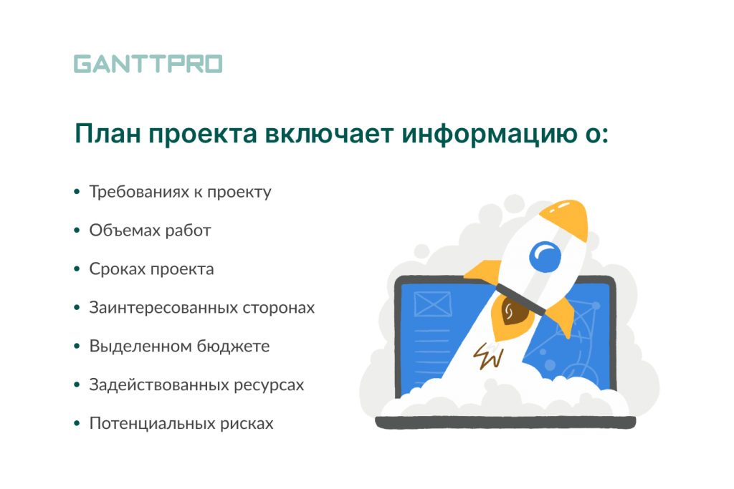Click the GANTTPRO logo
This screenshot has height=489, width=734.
pyautogui.click(x=148, y=64)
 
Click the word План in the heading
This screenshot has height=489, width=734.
pyautogui.click(x=108, y=134)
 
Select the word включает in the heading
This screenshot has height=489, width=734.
pyautogui.click(x=329, y=134)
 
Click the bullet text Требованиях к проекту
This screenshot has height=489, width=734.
pyautogui.click(x=180, y=192)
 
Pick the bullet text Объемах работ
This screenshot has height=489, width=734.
pyautogui.click(x=151, y=231)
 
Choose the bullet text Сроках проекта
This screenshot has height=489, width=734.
pyautogui.click(x=152, y=269)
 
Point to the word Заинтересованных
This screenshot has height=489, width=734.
pyautogui.click(x=163, y=308)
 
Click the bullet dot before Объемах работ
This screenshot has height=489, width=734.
pyautogui.click(x=77, y=231)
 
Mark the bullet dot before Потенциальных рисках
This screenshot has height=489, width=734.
pyautogui.click(x=77, y=424)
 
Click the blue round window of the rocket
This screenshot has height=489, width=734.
pyautogui.click(x=545, y=256)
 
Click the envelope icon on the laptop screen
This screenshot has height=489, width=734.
pyautogui.click(x=432, y=304)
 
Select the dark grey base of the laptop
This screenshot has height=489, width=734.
pyautogui.click(x=505, y=422)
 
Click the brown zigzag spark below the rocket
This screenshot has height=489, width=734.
pyautogui.click(x=488, y=357)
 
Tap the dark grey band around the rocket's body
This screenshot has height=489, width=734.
pyautogui.click(x=521, y=299)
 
